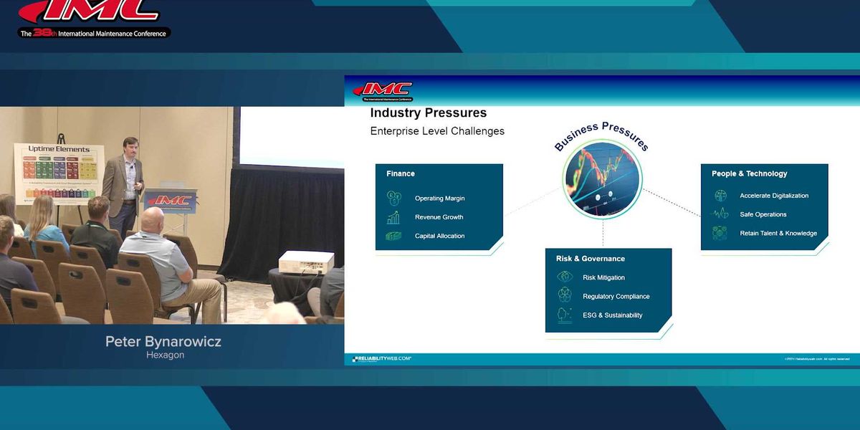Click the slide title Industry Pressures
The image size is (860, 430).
pyautogui.click(x=428, y=113)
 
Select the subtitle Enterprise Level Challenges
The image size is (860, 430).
pyautogui.click(x=437, y=131)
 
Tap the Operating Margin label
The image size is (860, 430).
pyautogui.click(x=439, y=199)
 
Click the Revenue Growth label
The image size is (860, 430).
pyautogui.click(x=439, y=217)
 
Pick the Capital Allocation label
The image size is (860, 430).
pyautogui.click(x=439, y=236)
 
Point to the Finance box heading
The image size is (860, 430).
pyautogui.click(x=401, y=173)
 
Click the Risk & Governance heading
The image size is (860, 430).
pyautogui.click(x=590, y=259)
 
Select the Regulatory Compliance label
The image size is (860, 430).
pyautogui.click(x=616, y=297)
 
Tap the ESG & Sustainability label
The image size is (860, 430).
pyautogui.click(x=612, y=315)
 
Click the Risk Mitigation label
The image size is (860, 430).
pyautogui.click(x=603, y=278)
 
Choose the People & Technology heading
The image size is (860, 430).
pyautogui.click(x=749, y=173)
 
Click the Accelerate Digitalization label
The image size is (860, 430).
pyautogui.click(x=774, y=196)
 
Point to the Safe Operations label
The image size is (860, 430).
pyautogui.click(x=763, y=214)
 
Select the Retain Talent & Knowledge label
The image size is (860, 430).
pyautogui.click(x=778, y=234)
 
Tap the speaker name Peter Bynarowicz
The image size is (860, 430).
pyautogui.click(x=163, y=342)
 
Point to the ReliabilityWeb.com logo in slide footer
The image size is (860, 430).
pyautogui.click(x=381, y=358)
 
